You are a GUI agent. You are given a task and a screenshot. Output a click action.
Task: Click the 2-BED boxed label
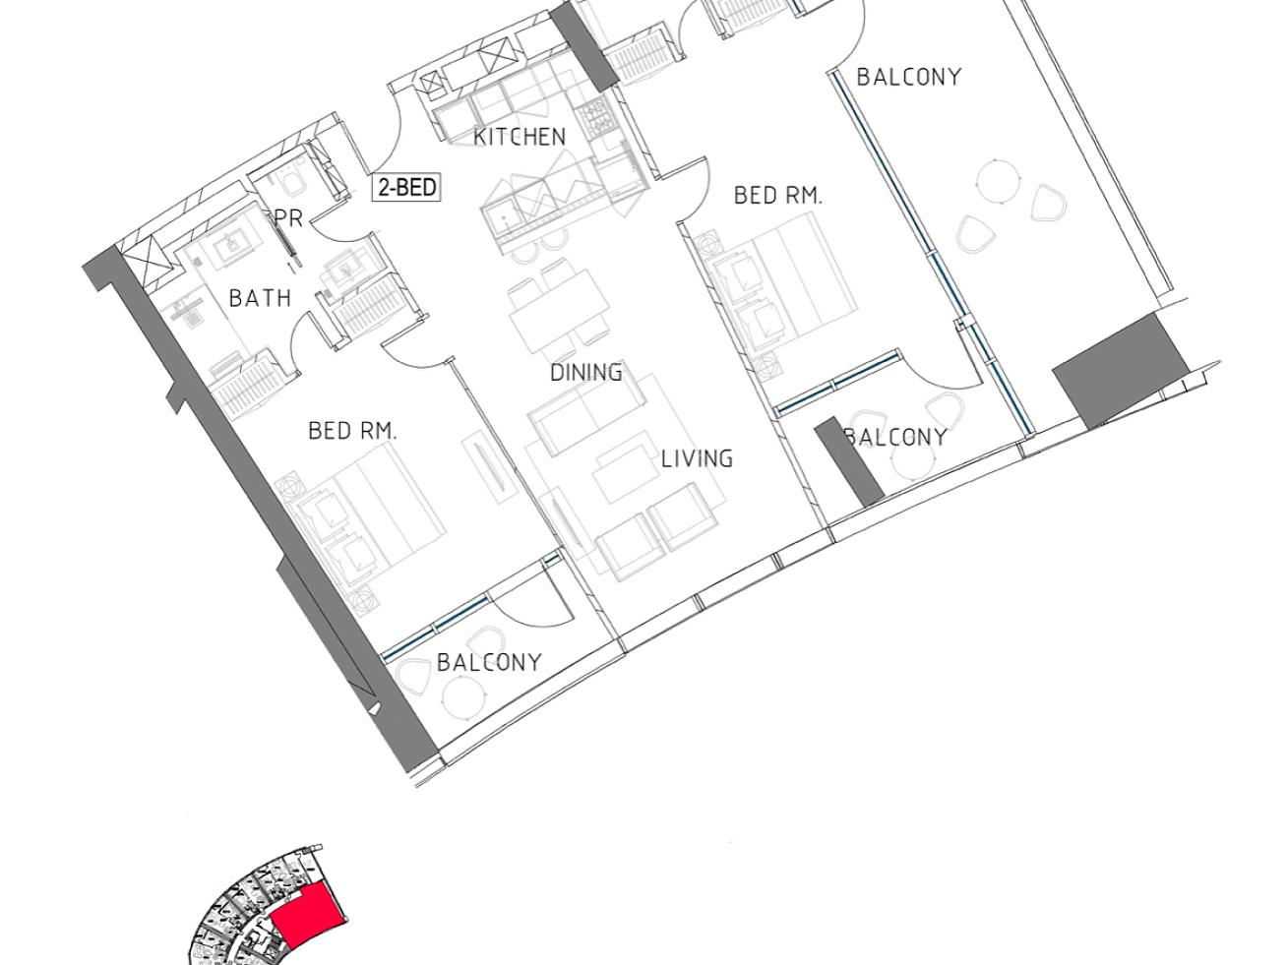pos(406,188)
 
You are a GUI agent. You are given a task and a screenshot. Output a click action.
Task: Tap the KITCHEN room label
pos(520,137)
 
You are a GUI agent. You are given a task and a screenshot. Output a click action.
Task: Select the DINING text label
pos(586,373)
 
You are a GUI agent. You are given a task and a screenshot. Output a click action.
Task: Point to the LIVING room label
pos(698,458)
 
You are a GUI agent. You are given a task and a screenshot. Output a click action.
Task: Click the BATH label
pos(261,298)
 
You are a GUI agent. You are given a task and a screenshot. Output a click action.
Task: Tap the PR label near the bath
pos(288,218)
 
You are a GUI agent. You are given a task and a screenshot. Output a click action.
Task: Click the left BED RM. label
pos(352,431)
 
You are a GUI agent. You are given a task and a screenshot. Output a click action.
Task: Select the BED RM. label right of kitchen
pos(778,195)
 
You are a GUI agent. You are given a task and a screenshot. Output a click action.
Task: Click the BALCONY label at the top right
pos(909,77)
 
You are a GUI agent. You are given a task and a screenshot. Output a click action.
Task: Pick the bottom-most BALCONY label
pos(489,663)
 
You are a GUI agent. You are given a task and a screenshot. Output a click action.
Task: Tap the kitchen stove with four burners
pos(593,118)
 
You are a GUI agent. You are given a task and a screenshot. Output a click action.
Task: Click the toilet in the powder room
pos(292,183)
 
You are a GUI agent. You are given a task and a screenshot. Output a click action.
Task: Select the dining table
pos(559,311)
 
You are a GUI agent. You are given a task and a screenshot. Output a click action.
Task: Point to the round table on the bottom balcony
pos(464,697)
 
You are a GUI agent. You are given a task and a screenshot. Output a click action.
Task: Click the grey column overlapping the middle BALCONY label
pos(849,461)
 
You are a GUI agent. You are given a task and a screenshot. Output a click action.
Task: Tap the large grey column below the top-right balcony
pos(1120,371)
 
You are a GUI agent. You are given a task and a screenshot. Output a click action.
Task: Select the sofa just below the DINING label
pos(586,414)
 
